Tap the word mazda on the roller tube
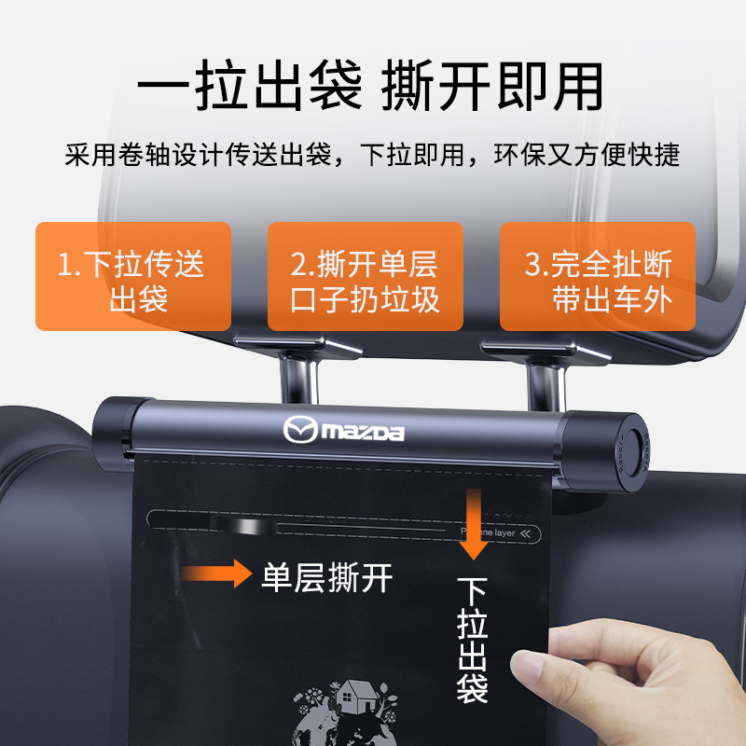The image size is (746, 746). click(x=364, y=434)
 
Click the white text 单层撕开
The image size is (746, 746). click(x=326, y=577)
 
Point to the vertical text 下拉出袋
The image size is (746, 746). click(x=472, y=639)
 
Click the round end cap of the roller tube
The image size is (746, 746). click(x=635, y=442)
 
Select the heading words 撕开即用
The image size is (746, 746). click(x=492, y=89)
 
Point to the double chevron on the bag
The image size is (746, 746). click(x=528, y=533)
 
